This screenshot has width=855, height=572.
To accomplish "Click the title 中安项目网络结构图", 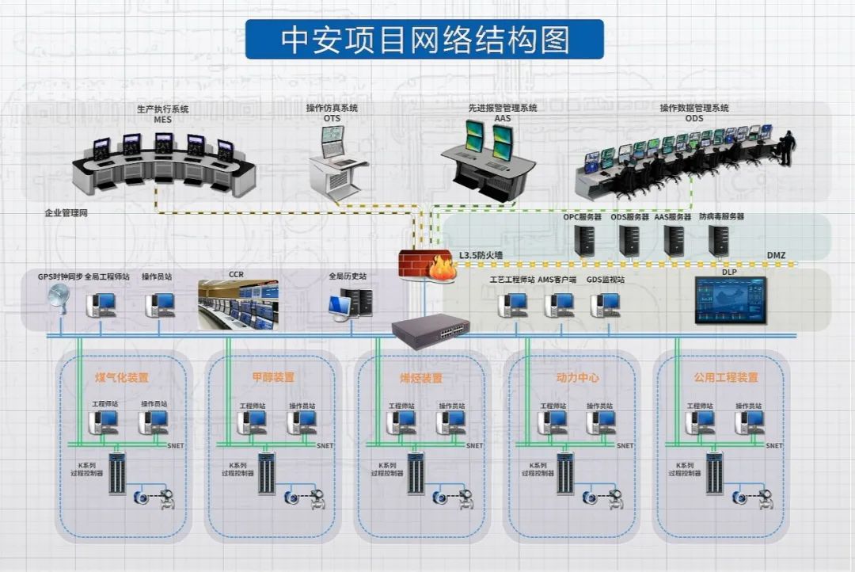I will [x=424, y=40].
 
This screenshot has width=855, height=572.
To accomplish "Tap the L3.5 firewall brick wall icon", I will [x=425, y=265].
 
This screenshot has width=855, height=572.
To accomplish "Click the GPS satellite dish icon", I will [x=58, y=299].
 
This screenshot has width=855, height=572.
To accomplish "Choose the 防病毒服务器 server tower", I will [x=719, y=240].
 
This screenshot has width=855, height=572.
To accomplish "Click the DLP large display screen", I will [x=730, y=300].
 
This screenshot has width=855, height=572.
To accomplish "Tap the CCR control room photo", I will [x=237, y=304].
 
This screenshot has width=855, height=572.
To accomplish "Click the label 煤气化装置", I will [x=121, y=378].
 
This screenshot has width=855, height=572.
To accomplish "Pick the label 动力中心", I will [x=578, y=378].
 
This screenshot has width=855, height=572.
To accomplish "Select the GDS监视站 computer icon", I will [x=606, y=304].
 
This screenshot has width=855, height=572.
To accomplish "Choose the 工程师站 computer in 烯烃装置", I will [x=401, y=421].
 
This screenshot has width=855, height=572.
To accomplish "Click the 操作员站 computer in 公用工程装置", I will [x=748, y=421].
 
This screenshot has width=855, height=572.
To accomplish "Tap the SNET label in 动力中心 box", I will [x=625, y=446].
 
